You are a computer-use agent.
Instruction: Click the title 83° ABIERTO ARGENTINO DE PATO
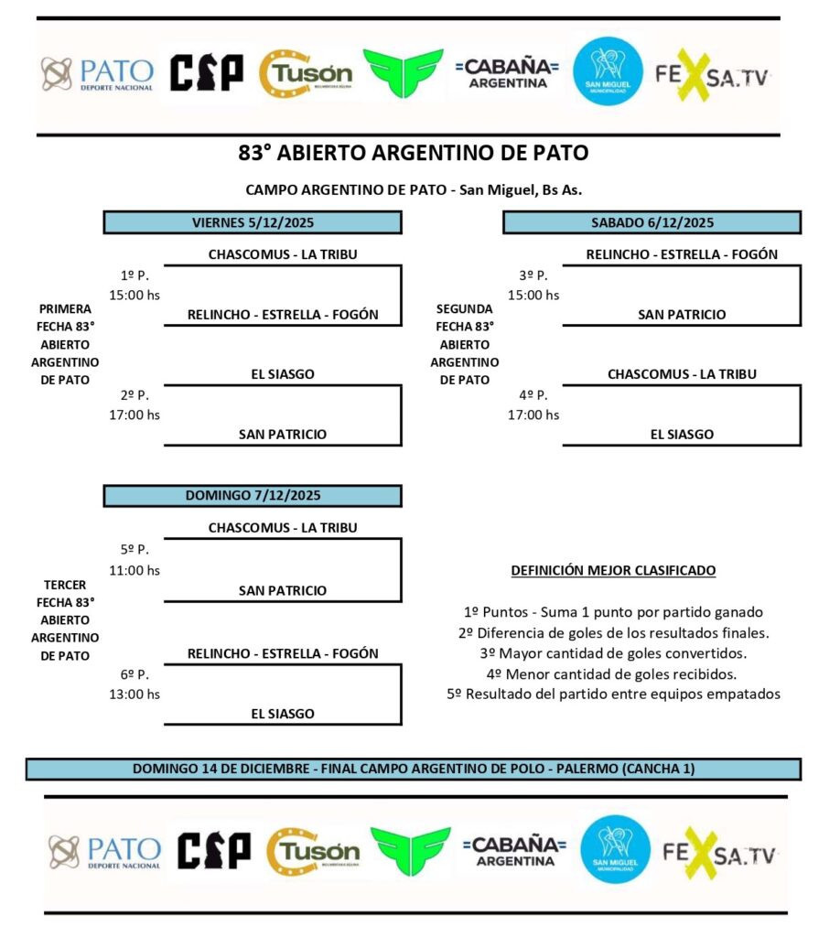click(413, 153)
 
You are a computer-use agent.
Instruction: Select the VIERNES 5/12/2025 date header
click(252, 222)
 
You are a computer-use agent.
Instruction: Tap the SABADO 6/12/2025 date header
click(652, 222)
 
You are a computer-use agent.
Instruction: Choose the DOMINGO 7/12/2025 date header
click(252, 495)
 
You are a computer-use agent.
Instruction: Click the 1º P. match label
click(135, 275)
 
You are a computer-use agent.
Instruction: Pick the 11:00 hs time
click(134, 570)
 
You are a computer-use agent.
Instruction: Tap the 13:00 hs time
click(134, 694)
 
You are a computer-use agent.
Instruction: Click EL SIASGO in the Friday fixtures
click(282, 374)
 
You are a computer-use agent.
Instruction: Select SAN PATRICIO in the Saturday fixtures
click(682, 315)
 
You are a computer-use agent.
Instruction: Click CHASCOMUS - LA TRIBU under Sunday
click(282, 528)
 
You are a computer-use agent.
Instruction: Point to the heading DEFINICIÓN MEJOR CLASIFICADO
click(613, 571)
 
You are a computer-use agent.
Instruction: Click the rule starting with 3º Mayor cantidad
click(613, 653)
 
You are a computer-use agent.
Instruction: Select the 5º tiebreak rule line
click(613, 695)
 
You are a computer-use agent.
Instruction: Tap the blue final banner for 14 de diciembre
click(413, 769)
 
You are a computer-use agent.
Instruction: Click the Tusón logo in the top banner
click(306, 73)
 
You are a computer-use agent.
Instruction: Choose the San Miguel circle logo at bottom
click(615, 849)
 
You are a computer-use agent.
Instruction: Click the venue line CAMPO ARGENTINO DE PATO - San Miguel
click(414, 190)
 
